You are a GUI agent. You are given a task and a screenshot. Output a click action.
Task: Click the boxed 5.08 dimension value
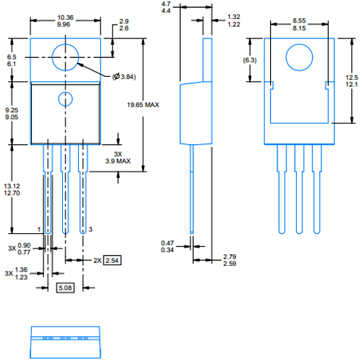pyautogui.click(x=64, y=287)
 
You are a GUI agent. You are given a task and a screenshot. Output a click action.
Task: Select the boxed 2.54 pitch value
pyautogui.click(x=111, y=259)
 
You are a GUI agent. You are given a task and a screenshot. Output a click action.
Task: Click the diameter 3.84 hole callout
pyautogui.click(x=125, y=77)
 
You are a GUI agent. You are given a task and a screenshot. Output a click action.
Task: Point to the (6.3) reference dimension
pyautogui.click(x=250, y=60)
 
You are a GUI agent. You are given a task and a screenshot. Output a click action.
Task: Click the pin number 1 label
pyautogui.click(x=38, y=229)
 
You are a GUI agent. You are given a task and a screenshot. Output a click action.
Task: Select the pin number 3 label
pyautogui.click(x=90, y=229)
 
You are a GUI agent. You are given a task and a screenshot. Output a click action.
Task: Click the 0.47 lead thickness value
pyautogui.click(x=167, y=243)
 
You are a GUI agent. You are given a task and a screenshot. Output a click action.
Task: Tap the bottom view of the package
pyautogui.click(x=65, y=341)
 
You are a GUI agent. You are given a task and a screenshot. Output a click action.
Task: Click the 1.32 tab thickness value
pyautogui.click(x=234, y=17)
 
